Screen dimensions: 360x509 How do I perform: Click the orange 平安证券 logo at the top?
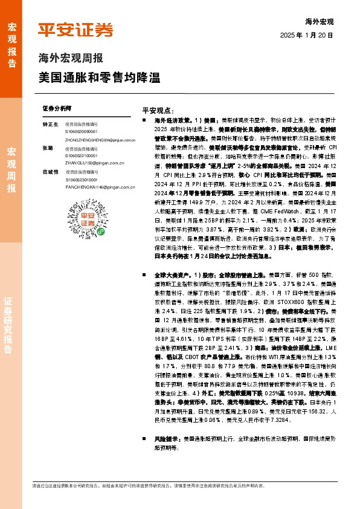point(76,30)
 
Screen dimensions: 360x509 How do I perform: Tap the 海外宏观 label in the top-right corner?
point(320,22)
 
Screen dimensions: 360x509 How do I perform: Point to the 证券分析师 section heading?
point(57,108)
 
